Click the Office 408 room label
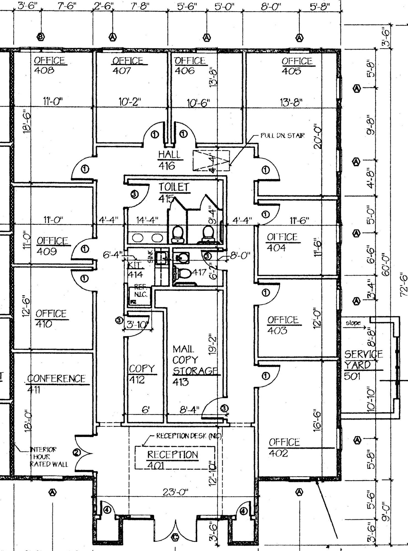tap(50, 65)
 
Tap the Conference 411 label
tap(57, 383)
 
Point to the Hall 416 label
tap(169, 160)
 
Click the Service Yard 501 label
tap(363, 364)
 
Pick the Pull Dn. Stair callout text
tap(283, 136)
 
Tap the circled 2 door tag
tap(77, 452)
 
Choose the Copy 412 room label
tap(142, 374)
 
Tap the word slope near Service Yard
tap(353, 323)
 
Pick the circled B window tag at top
tap(41, 37)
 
